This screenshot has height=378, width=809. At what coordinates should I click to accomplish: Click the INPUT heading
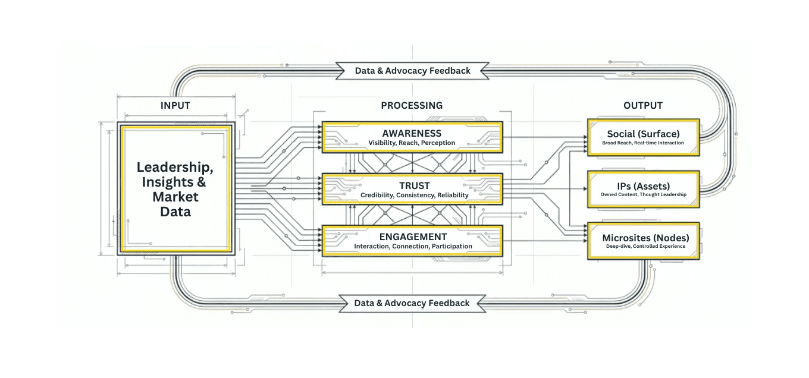[175, 106]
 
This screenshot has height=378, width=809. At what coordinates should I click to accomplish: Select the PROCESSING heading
[412, 106]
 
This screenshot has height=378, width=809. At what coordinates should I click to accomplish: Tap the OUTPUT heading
[642, 106]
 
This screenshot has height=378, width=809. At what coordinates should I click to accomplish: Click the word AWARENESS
[412, 133]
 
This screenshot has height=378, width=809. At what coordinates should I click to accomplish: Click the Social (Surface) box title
[643, 134]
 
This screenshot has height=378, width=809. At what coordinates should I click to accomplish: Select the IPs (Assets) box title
[642, 185]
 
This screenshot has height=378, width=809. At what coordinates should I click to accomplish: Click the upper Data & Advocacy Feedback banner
[413, 71]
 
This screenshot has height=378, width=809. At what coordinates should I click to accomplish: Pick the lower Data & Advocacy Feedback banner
[412, 303]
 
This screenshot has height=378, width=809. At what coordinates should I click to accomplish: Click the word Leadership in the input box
[175, 167]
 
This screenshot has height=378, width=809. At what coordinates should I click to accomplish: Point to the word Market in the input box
[175, 197]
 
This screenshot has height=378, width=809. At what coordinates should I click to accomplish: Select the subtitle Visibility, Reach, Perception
[412, 143]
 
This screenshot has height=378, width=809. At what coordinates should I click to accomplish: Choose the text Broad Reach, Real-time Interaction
[643, 143]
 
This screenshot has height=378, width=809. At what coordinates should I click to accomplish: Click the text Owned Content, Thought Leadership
[643, 195]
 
